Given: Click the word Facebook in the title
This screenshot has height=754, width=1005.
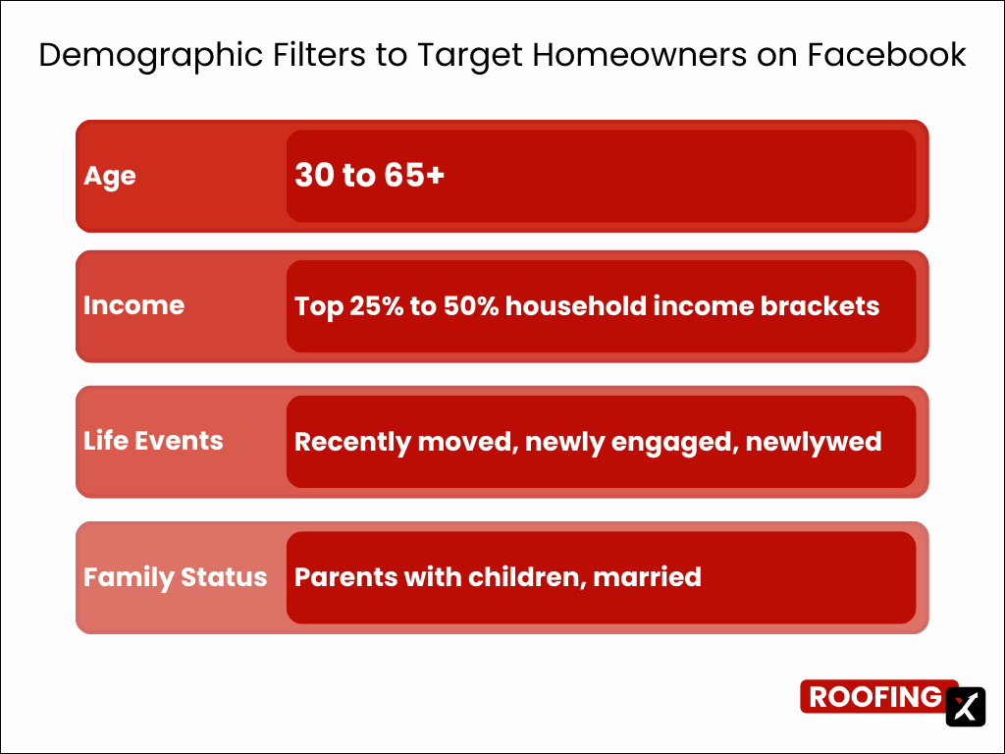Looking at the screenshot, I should [886, 55].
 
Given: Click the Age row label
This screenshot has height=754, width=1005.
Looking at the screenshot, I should [110, 176].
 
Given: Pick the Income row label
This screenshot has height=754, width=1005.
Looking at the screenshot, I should [133, 305].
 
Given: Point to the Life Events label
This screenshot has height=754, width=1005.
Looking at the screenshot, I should [153, 441].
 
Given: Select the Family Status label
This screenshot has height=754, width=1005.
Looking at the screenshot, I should [175, 576].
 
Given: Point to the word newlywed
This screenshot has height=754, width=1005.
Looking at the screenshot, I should [813, 442].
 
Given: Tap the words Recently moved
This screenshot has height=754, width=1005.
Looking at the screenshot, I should [404, 442].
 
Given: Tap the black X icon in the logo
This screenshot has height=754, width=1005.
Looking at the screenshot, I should [965, 706].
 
